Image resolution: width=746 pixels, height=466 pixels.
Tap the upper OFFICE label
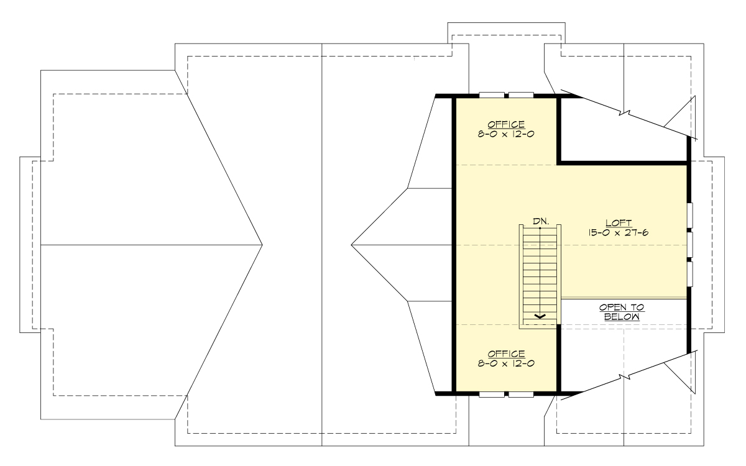click(x=506, y=124)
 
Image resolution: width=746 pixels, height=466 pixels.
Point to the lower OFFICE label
click(x=506, y=354)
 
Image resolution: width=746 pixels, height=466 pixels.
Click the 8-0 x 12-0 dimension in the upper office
click(x=506, y=133)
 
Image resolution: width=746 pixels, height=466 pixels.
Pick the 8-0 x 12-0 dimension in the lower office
click(x=506, y=363)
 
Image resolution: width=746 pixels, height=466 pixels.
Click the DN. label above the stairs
click(x=540, y=221)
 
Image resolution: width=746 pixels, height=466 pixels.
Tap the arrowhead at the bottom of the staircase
click(x=540, y=316)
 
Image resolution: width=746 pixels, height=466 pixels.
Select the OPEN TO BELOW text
click(x=622, y=312)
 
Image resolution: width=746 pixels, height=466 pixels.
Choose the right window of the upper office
click(x=522, y=95)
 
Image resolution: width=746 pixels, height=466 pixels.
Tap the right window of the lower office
click(x=522, y=393)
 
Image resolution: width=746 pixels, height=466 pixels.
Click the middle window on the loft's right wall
click(x=689, y=244)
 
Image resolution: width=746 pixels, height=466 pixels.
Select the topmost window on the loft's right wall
click(x=689, y=216)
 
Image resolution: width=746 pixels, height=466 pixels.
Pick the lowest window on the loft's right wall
click(x=689, y=273)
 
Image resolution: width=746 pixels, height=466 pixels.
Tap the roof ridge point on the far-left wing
click(x=262, y=245)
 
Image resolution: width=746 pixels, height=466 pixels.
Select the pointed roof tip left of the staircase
click(x=352, y=245)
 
